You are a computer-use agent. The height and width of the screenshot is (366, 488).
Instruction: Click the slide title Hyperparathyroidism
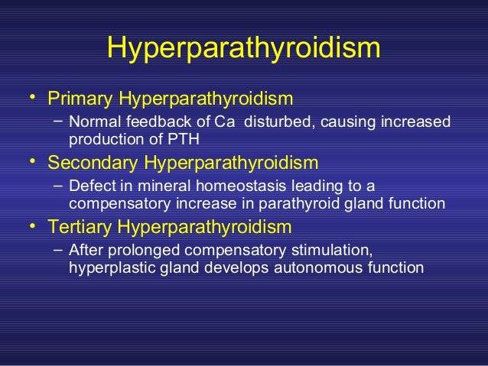pyautogui.click(x=243, y=48)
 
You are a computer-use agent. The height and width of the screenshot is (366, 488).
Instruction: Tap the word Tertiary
pyautogui.click(x=80, y=227)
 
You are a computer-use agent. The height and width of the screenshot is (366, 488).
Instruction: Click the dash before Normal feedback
pyautogui.click(x=59, y=121)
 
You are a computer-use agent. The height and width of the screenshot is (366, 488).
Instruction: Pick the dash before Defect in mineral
pyautogui.click(x=59, y=186)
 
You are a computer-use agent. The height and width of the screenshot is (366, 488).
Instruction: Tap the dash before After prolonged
pyautogui.click(x=59, y=250)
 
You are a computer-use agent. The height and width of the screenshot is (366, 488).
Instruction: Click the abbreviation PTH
pyautogui.click(x=184, y=140)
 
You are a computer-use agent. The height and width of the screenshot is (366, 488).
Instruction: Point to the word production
pyautogui.click(x=103, y=140)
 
